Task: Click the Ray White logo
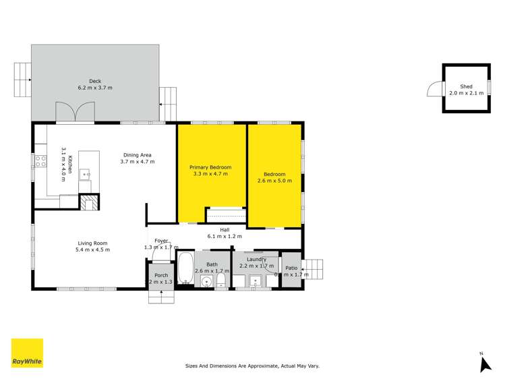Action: click(x=27, y=353)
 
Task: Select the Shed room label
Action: click(x=466, y=87)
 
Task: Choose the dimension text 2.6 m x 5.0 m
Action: click(x=274, y=181)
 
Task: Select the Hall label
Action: click(x=225, y=230)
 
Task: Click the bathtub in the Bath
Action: click(x=185, y=269)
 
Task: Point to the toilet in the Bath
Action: click(x=220, y=281)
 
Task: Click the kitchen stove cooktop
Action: click(x=40, y=161)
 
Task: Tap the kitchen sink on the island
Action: click(x=85, y=174)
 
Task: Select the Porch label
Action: click(x=161, y=275)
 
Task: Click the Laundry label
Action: click(x=256, y=259)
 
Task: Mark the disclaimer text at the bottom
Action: click(x=252, y=366)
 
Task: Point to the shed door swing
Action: click(x=435, y=89)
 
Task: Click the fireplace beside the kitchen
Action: click(x=89, y=202)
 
